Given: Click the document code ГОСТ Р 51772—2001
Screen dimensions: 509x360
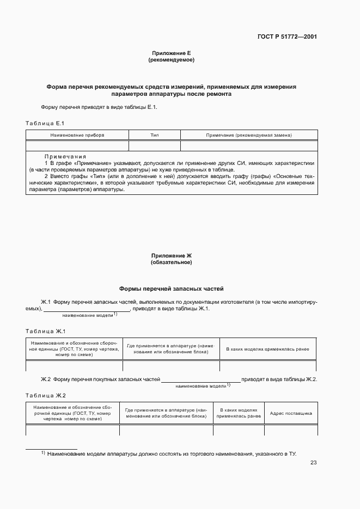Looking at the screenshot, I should point(287,37).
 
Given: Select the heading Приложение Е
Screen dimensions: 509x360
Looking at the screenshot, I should point(171,53).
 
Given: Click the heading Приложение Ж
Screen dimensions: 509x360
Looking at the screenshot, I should point(171,255).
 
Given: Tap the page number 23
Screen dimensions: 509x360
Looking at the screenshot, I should point(313,463).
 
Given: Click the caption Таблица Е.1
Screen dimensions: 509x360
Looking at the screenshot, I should point(45,123).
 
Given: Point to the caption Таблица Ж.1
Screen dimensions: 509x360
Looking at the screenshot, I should point(46,331).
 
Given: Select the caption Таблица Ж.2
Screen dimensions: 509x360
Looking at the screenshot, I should point(46,395).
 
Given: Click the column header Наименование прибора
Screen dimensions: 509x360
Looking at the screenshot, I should point(77,135).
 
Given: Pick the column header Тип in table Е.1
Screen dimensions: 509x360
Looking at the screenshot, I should point(154,135).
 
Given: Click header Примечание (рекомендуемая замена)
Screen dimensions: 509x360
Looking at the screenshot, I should point(249,135).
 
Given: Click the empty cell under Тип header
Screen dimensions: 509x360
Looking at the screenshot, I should point(154,145).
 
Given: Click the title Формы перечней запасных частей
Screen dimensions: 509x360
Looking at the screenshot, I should point(171,289).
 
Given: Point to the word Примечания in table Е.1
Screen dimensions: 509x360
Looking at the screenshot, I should point(65,156).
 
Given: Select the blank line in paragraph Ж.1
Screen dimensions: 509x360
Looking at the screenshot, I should point(87,310).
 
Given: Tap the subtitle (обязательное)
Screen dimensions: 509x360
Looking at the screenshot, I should point(171,262).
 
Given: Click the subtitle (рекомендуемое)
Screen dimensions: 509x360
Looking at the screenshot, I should point(171,60).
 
